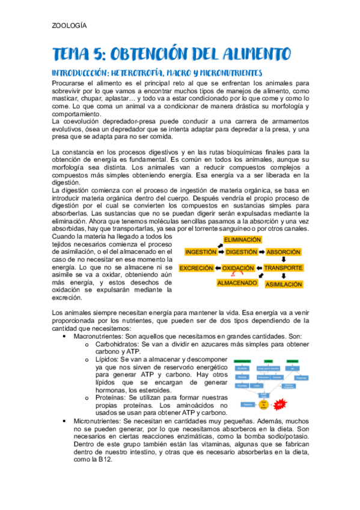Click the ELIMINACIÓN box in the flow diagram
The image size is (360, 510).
click(242, 239)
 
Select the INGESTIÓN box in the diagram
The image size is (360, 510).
click(201, 252)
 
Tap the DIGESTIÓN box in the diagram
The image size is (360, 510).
click(242, 252)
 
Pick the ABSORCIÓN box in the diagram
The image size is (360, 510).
click(284, 252)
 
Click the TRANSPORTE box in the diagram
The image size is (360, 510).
click(284, 268)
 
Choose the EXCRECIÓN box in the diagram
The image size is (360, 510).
click(197, 268)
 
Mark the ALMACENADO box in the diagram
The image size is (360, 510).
click(237, 282)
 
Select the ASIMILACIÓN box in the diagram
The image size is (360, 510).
click(284, 284)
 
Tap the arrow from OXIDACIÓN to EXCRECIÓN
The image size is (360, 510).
click(218, 268)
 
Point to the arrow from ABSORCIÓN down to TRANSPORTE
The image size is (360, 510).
click(284, 260)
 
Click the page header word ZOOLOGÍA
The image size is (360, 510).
click(70, 25)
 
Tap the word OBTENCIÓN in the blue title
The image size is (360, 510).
click(158, 55)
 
